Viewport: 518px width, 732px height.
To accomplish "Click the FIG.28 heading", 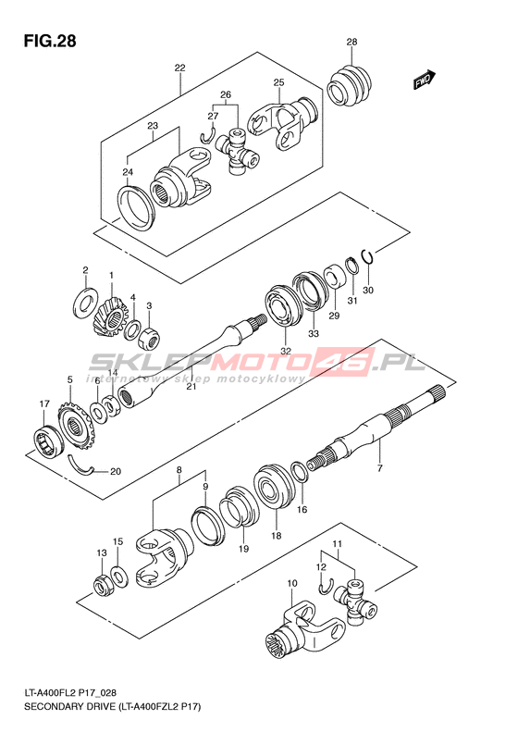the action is (50, 41).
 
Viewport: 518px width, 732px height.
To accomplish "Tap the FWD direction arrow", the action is (425, 80).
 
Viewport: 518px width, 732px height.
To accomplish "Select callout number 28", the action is (351, 42).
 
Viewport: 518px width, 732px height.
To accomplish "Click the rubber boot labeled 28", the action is (349, 85).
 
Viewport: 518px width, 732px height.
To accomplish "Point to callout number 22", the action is (179, 68).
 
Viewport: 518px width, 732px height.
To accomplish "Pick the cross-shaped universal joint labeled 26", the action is (237, 153).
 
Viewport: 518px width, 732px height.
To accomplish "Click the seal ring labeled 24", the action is (136, 207).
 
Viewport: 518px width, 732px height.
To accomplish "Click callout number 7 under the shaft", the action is (379, 467).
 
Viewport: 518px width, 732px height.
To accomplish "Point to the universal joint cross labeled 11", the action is (356, 602).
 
